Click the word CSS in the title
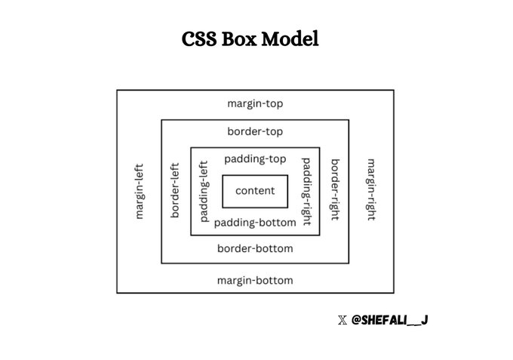coord(200,38)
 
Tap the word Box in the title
coord(241,38)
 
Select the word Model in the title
coord(290,38)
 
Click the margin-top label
coord(255,103)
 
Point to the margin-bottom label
coord(255,281)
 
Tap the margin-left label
coord(139,191)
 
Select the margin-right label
coord(370,191)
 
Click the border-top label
coord(255,131)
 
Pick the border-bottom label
coord(255,248)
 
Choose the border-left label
coord(175,191)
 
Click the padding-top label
coord(255,159)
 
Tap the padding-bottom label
coord(255,223)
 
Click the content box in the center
coord(255,191)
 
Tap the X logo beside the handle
coord(343,321)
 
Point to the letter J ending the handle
coord(425,321)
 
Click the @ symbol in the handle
coord(357,321)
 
